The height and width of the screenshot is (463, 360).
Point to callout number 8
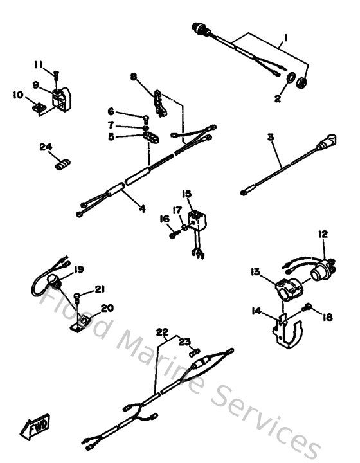pyautogui.click(x=134, y=78)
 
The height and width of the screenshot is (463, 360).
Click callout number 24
pyautogui.click(x=45, y=147)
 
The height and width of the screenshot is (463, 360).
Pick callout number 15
pyautogui.click(x=186, y=194)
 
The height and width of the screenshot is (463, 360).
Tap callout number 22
pyautogui.click(x=163, y=332)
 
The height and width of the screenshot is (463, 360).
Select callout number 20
pyautogui.click(x=107, y=308)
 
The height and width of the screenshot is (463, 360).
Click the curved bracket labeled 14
pyautogui.click(x=285, y=331)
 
